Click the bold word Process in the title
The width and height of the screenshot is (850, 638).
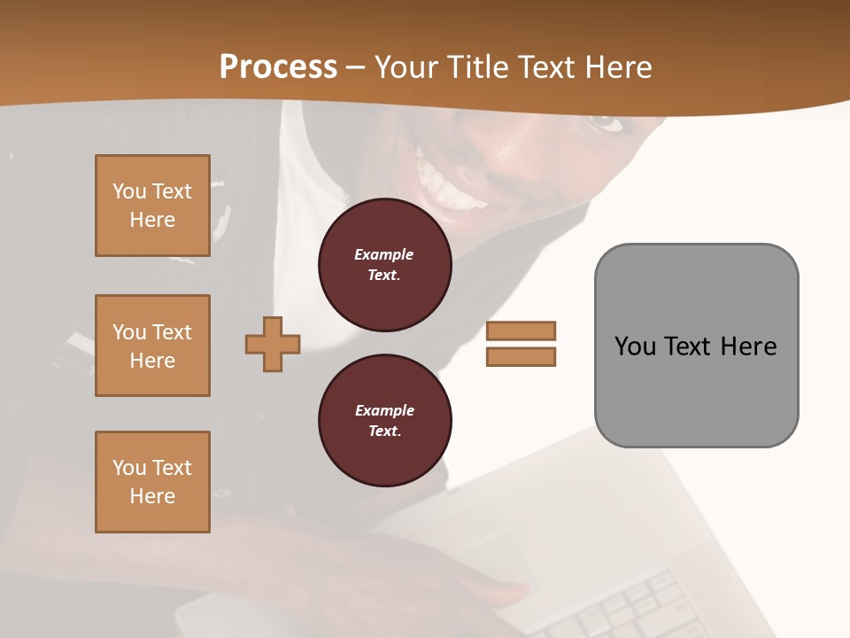click(x=278, y=67)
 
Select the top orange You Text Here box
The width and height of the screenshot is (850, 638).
click(x=152, y=206)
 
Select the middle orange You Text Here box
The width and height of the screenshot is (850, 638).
click(x=152, y=346)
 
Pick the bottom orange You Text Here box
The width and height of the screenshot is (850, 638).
click(x=152, y=482)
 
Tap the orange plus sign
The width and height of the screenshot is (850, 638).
click(x=273, y=344)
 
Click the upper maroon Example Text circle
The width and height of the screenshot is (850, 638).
click(x=384, y=265)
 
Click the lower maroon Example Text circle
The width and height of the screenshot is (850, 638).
click(x=384, y=421)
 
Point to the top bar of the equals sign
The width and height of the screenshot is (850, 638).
click(x=521, y=331)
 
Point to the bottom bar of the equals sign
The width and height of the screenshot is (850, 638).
click(x=521, y=357)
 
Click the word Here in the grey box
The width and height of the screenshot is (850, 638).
click(x=748, y=346)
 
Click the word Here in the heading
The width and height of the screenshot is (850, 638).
click(x=618, y=67)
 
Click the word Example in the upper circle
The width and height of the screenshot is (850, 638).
click(x=384, y=254)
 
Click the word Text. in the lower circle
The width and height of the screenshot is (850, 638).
click(x=384, y=432)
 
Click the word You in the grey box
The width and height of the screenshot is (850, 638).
click(x=635, y=346)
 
